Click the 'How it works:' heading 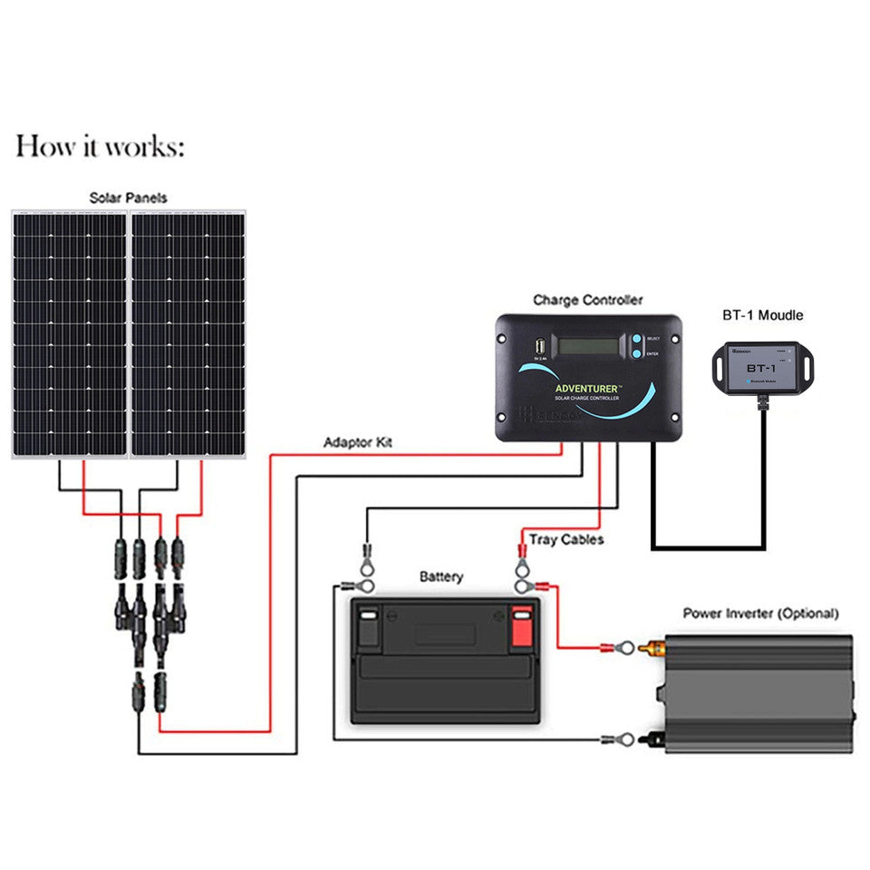pyautogui.click(x=100, y=146)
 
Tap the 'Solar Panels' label pyautogui.click(x=128, y=197)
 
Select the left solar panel pyautogui.click(x=69, y=334)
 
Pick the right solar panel pyautogui.click(x=188, y=334)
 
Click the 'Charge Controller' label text pyautogui.click(x=587, y=299)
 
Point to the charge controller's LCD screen pyautogui.click(x=589, y=346)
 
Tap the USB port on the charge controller pyautogui.click(x=539, y=346)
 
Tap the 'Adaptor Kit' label pyautogui.click(x=358, y=443)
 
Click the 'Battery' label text pyautogui.click(x=441, y=577)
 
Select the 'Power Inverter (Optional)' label pyautogui.click(x=760, y=614)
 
